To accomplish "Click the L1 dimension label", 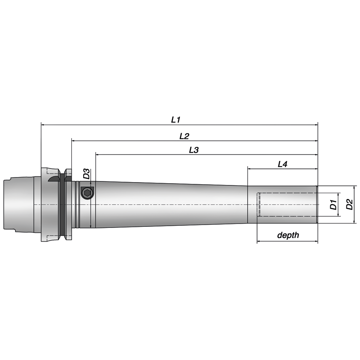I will tap(175, 120).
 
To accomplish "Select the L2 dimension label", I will tap(184, 136).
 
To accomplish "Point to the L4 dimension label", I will tap(283, 164).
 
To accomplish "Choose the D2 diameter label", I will tap(349, 204).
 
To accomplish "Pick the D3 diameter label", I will tap(86, 174).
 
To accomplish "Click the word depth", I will tap(288, 235).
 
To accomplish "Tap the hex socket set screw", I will tap(87, 193).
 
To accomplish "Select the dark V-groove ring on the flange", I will tap(62, 205).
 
